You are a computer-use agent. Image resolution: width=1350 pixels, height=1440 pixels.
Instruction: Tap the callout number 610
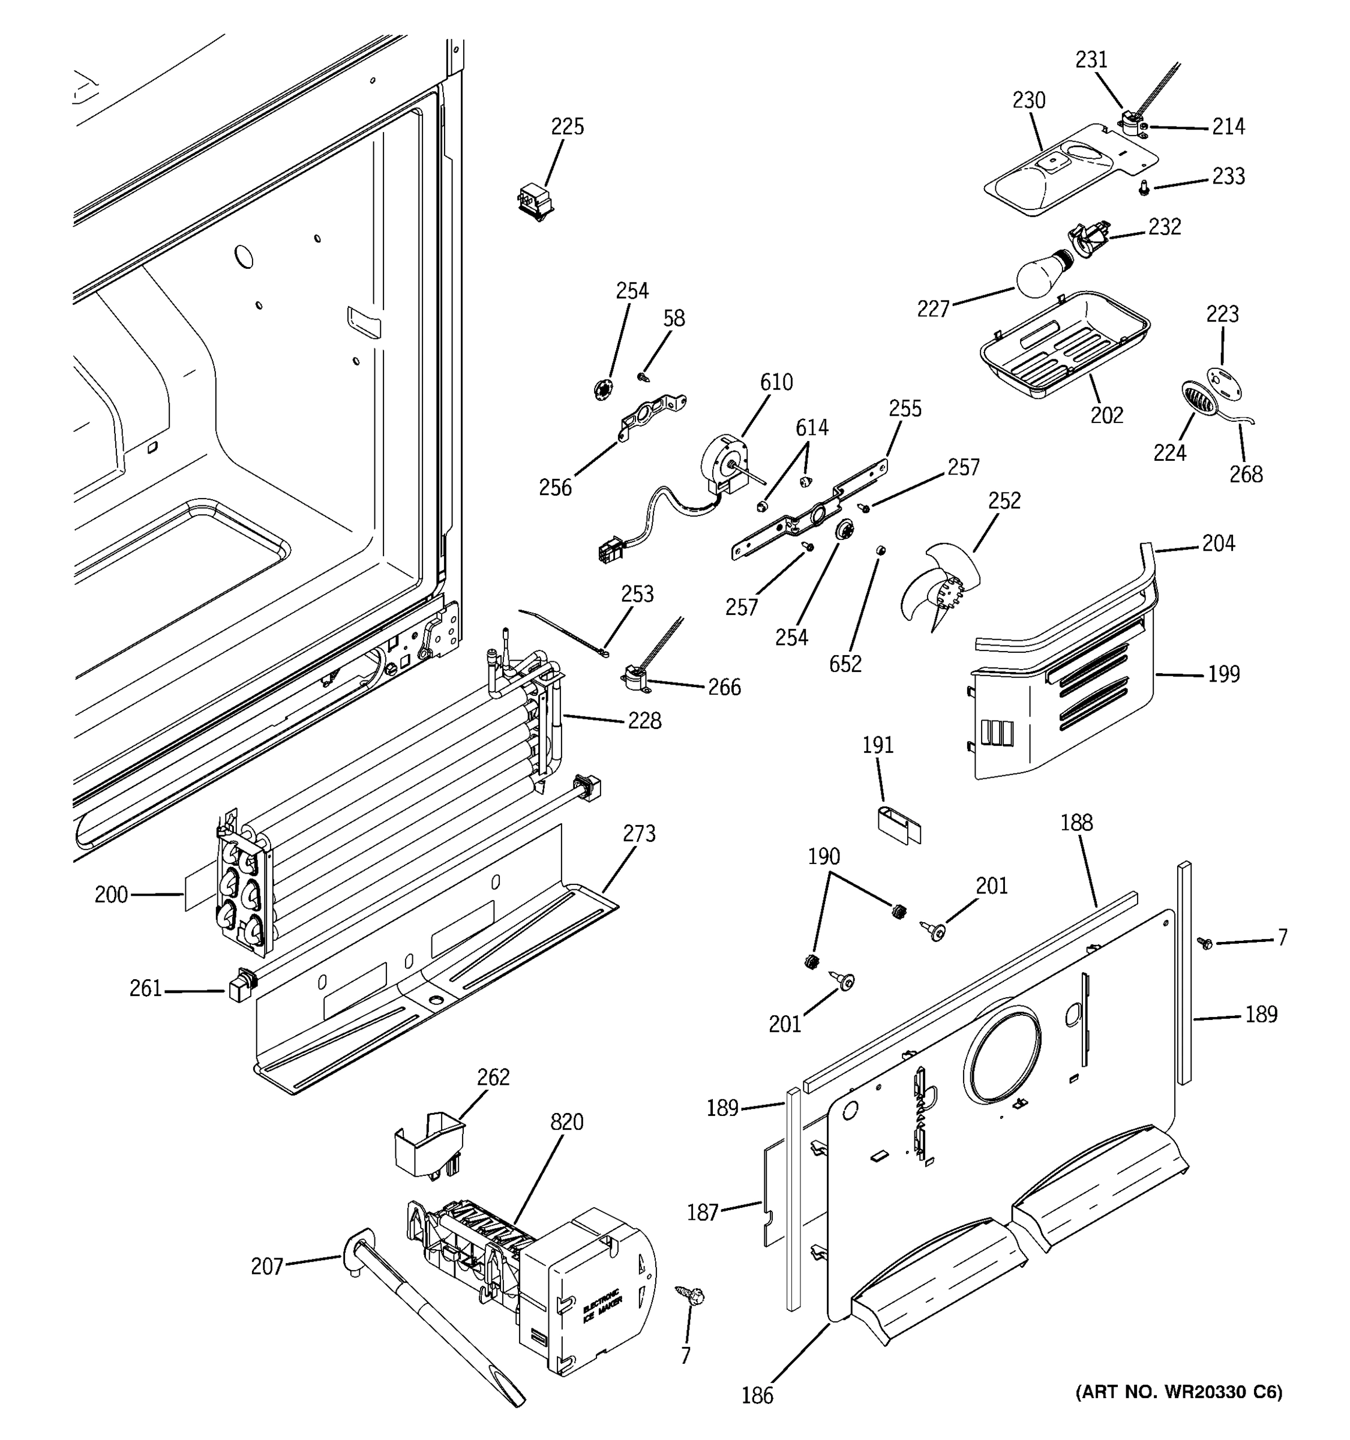click(x=776, y=382)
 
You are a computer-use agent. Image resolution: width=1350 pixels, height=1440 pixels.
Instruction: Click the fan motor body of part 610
click(x=725, y=464)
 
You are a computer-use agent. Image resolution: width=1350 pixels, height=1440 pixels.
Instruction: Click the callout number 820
click(x=566, y=1122)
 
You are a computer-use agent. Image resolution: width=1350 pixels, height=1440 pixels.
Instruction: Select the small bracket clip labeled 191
click(x=896, y=823)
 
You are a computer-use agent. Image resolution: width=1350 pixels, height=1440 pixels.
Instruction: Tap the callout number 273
click(x=639, y=834)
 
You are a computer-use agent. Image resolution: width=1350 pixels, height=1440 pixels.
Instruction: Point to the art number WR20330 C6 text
click(x=1178, y=1391)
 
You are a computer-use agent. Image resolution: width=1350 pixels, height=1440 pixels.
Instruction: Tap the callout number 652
click(x=845, y=664)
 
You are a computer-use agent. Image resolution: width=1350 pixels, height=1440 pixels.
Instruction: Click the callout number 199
click(x=1223, y=674)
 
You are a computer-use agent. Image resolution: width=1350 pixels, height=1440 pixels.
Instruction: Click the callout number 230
click(x=1028, y=100)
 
